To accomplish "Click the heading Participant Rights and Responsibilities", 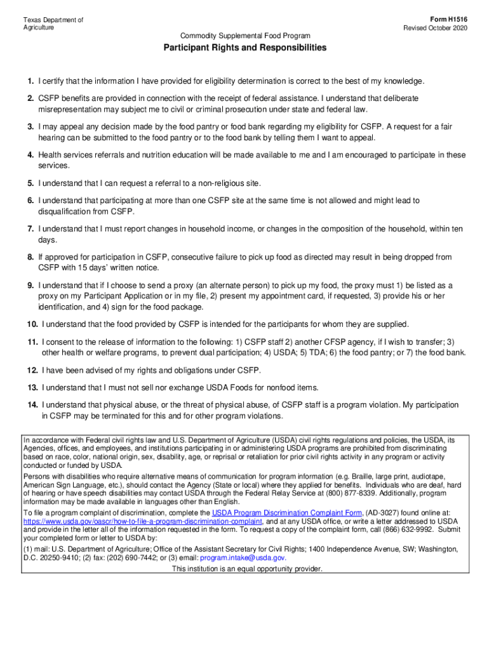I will pyautogui.click(x=245, y=48).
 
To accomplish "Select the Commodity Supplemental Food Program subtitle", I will pyautogui.click(x=245, y=35).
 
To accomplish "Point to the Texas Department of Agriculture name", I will pyautogui.click(x=53, y=24).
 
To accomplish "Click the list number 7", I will pyautogui.click(x=30, y=229).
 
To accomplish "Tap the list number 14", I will pyautogui.click(x=32, y=405).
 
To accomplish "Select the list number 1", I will pyautogui.click(x=30, y=81).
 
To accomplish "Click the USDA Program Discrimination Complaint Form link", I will pyautogui.click(x=287, y=512).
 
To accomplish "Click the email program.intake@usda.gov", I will pyautogui.click(x=243, y=557).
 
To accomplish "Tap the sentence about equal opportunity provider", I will pyautogui.click(x=247, y=569).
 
